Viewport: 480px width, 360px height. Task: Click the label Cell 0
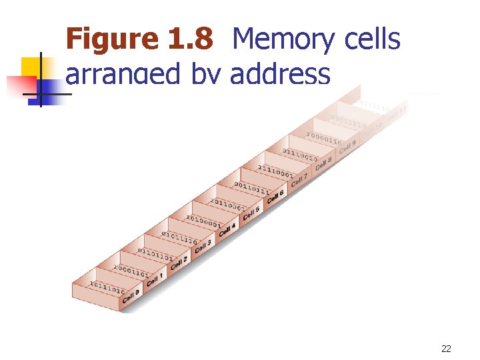click(131, 296)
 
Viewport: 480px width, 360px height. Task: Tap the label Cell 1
click(155, 280)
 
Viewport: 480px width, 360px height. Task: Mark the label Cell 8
click(323, 163)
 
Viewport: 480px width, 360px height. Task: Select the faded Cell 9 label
click(347, 146)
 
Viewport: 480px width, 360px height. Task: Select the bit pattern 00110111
click(251, 186)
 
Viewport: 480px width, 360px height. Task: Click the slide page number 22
click(447, 349)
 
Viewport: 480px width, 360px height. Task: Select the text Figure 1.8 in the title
click(139, 40)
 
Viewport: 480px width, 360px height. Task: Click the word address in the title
click(280, 74)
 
